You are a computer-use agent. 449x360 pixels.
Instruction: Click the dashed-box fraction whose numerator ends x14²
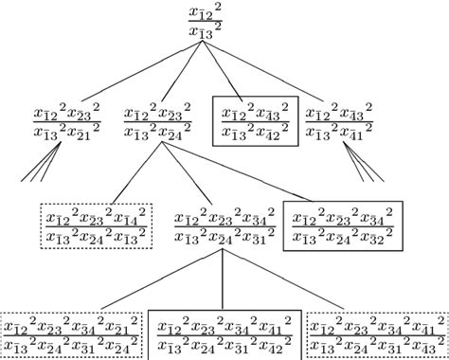[97, 225]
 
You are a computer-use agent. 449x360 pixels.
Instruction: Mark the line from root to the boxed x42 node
[237, 71]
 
